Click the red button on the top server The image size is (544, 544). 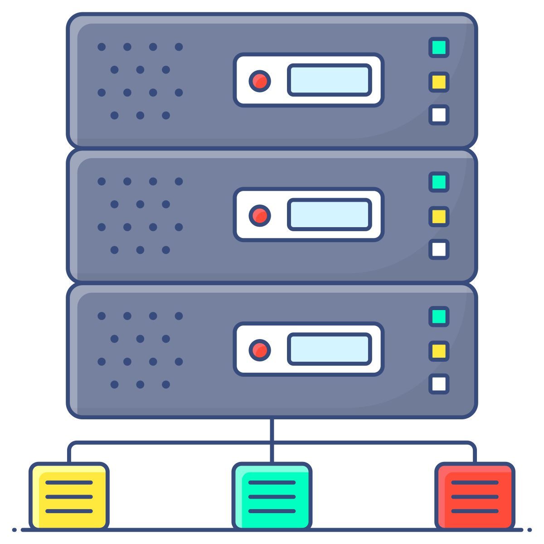260,81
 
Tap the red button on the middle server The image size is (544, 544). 260,215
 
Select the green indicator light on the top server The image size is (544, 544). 439,48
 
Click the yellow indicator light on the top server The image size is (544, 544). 439,82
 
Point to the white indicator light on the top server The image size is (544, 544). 439,115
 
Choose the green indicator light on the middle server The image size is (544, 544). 439,182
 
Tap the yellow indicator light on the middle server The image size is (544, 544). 439,216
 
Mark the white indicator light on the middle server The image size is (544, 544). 439,249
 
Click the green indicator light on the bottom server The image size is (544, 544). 439,316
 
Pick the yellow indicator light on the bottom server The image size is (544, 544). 439,351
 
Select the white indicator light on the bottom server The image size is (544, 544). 439,384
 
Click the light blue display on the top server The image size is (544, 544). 330,80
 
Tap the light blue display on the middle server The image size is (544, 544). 330,214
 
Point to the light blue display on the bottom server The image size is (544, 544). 330,349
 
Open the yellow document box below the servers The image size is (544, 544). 69,496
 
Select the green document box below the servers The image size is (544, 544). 272,496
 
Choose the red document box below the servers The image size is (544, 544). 475,496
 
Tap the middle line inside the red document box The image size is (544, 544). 475,497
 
